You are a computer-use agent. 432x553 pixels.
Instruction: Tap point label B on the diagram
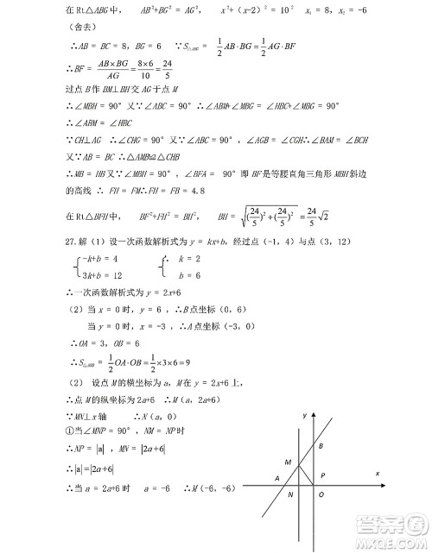[321, 445]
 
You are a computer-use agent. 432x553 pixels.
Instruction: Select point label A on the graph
[278, 478]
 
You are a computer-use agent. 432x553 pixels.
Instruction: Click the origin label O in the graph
[321, 494]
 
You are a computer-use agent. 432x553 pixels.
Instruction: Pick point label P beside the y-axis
[322, 475]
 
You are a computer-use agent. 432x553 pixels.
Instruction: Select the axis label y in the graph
[305, 416]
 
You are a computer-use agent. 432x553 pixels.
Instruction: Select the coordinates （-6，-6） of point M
[213, 490]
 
